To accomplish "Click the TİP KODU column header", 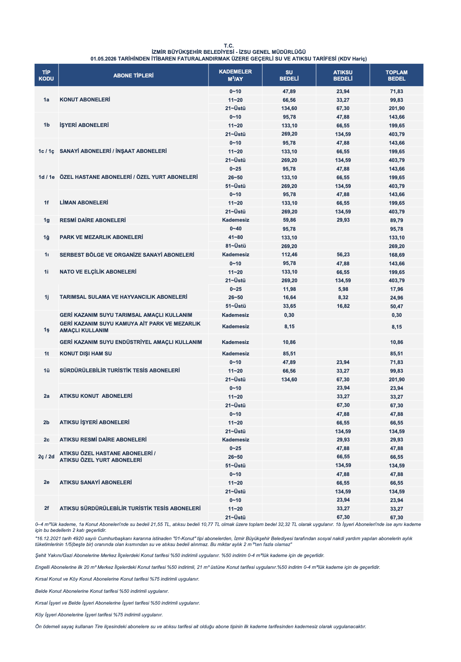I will click(x=46, y=75).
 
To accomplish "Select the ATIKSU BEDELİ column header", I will click(x=343, y=75).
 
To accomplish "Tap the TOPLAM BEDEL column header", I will click(x=397, y=75).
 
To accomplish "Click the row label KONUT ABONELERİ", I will click(x=85, y=99).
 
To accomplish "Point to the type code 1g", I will click(x=46, y=220).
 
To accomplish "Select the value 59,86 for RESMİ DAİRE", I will click(x=289, y=220).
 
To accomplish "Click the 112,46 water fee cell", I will click(x=289, y=255).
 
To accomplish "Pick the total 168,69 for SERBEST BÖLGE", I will click(x=397, y=255).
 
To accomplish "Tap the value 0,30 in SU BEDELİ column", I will click(x=289, y=315).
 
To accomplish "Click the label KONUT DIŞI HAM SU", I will click(x=86, y=353).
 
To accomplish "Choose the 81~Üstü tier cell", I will click(x=235, y=246).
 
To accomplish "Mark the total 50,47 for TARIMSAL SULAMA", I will click(x=397, y=306).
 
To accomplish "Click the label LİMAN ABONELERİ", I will click(x=84, y=202).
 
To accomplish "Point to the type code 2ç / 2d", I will click(x=46, y=456).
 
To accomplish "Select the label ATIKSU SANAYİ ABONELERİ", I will click(x=95, y=482).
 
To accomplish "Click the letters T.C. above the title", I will click(x=229, y=46).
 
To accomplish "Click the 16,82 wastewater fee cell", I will click(x=343, y=306).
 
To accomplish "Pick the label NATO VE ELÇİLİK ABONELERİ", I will click(x=98, y=272).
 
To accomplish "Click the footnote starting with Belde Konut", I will click(x=102, y=591).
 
